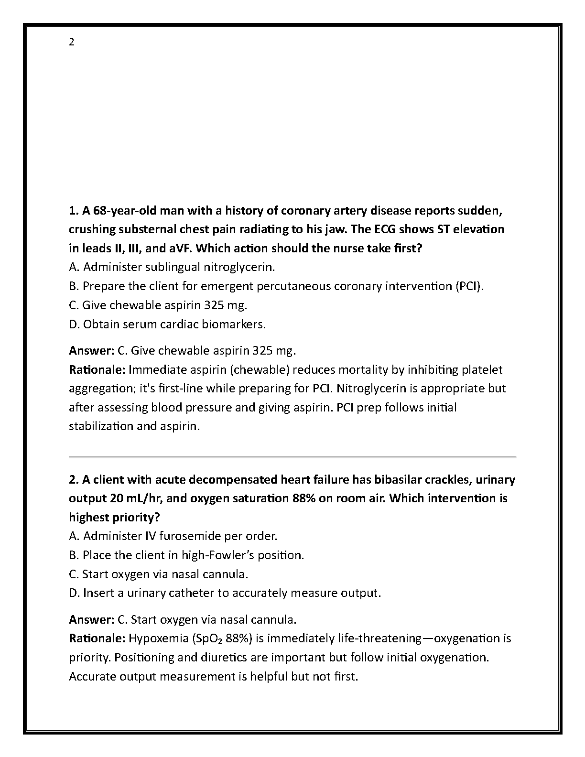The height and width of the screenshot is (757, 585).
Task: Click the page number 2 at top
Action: [72, 43]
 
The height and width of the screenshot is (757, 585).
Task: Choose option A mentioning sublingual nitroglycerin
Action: [172, 267]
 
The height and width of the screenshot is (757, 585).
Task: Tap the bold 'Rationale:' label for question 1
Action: [97, 370]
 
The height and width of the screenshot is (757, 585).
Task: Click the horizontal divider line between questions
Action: [292, 457]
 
